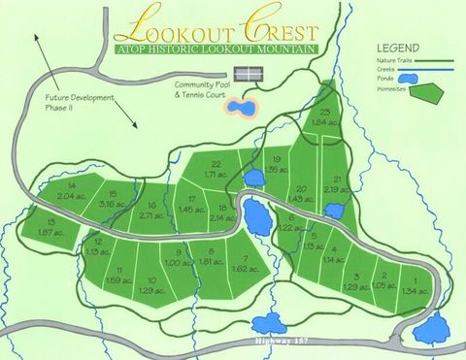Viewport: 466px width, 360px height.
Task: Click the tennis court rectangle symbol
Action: point(250,74)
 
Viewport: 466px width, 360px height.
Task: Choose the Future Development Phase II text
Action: point(80,103)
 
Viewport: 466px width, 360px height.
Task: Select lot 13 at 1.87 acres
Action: point(45,228)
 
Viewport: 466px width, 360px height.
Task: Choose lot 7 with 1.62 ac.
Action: point(249,264)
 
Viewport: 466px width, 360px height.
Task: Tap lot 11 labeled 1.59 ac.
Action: point(119,275)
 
